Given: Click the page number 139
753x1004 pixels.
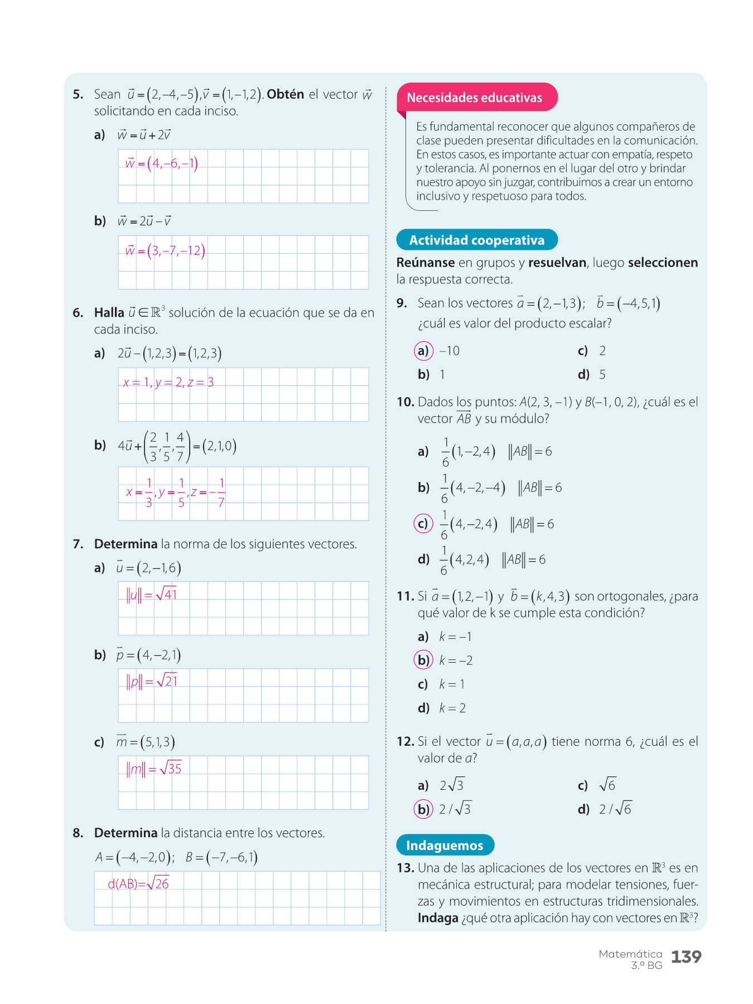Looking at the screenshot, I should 686,957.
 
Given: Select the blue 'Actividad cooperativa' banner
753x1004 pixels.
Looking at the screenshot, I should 476,240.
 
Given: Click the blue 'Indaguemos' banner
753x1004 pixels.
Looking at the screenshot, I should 445,846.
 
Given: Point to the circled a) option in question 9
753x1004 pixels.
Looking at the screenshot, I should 423,351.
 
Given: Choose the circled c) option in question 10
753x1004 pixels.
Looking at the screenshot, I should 423,524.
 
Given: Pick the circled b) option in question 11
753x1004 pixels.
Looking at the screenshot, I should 423,660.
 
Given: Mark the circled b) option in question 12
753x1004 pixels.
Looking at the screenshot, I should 423,809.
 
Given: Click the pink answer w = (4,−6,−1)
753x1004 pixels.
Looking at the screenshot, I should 161,163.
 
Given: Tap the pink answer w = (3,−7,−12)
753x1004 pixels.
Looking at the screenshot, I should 165,250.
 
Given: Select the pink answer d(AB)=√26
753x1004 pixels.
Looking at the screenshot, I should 138,884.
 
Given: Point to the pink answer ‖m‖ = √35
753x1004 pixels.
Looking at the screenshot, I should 154,769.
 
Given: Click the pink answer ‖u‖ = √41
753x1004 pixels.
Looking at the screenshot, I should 152,595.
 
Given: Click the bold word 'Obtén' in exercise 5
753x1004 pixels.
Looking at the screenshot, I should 285,94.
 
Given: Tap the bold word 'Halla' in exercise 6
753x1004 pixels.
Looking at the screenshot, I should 109,312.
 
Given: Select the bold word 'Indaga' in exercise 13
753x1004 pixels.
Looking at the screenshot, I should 438,918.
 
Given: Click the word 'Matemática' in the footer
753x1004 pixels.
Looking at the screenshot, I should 630,954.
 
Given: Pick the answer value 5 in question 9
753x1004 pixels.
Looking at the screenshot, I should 602,375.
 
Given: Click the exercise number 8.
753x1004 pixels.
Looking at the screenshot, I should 78,833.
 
